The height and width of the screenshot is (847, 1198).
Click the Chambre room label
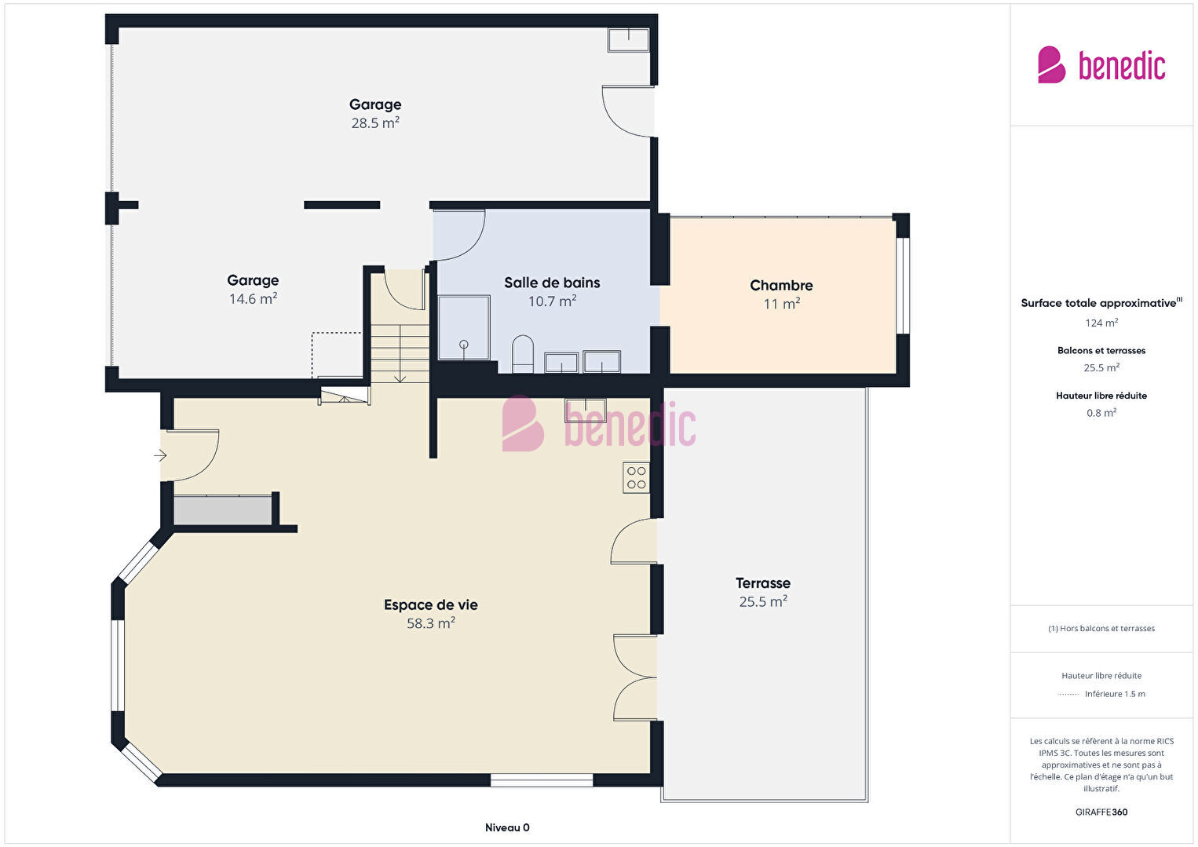pos(781,286)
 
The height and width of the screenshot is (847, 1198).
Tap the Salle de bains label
pos(552,283)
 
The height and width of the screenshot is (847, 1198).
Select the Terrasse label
pos(762,582)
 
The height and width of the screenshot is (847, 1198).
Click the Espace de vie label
pos(430,604)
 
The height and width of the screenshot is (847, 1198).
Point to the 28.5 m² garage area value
pos(375,123)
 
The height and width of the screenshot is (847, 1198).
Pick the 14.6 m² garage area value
pos(253,299)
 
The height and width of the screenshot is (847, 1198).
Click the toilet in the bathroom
pos(523,354)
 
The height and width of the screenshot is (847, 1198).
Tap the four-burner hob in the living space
pos(636,477)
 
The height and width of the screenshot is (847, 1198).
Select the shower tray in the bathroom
pos(464,327)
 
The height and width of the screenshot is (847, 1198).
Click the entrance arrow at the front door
pos(160,455)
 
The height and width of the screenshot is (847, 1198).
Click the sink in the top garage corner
pos(628,40)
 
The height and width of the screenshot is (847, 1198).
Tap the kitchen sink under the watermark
pos(586,411)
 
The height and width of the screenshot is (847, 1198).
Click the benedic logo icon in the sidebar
pos(1051,64)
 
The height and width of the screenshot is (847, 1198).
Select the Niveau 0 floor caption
pos(507,827)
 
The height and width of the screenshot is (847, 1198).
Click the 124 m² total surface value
pos(1101,323)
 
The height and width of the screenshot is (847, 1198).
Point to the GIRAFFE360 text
pos(1101,812)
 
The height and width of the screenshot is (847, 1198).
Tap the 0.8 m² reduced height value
pos(1101,413)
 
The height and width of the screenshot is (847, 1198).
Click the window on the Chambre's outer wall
pos(902,286)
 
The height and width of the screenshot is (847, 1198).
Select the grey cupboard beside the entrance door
pos(222,511)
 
